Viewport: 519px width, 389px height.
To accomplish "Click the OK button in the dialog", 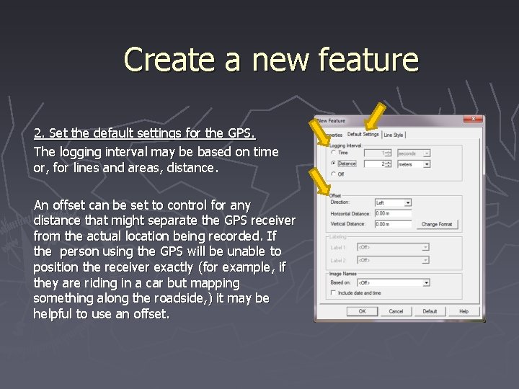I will coord(363,311).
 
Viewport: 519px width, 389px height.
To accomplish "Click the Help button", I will coord(463,311).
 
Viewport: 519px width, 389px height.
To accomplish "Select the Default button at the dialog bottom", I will coord(430,311).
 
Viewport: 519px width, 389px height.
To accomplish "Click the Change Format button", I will coord(437,224).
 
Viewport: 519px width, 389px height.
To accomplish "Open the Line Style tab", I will coord(394,135).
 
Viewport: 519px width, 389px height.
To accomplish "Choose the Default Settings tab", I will coord(363,134).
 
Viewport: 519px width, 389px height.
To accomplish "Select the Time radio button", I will coord(333,153).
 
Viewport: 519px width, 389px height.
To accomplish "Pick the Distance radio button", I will coord(333,164).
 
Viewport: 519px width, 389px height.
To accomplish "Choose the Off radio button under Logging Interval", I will coord(333,174).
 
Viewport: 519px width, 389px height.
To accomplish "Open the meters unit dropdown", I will coord(414,164).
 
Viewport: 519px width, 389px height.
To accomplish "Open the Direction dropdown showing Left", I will coord(393,203).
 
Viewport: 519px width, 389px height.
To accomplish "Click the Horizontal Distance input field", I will coord(393,214).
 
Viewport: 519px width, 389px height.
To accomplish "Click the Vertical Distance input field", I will coord(393,224).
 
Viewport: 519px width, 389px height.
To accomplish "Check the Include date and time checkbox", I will coord(333,292).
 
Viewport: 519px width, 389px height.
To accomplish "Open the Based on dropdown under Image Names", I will coord(393,282).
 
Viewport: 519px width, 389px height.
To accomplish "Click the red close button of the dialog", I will coord(474,119).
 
